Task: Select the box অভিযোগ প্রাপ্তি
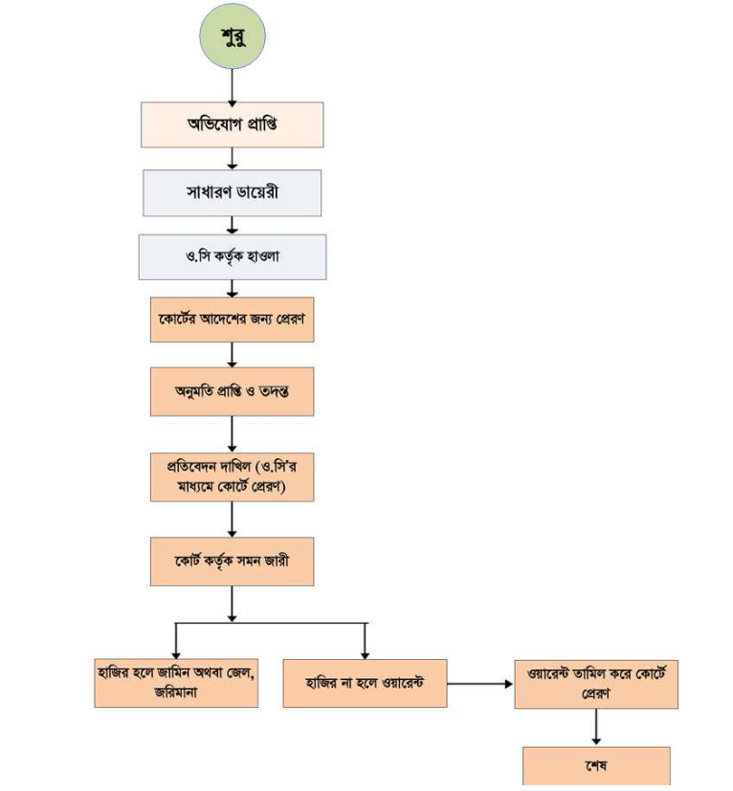pos(232,124)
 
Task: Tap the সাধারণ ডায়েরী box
pos(232,192)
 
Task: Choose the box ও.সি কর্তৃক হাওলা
pos(232,256)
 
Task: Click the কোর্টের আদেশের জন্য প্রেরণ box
pos(232,319)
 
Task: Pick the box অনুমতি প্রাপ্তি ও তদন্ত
pos(232,390)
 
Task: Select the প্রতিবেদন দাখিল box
pos(232,475)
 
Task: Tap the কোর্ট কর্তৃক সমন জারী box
pos(232,560)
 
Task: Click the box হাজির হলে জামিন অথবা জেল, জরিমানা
pos(176,682)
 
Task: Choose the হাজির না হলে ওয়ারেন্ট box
pos(365,683)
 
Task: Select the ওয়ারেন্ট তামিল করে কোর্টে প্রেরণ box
pos(595,683)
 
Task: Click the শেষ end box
pos(595,767)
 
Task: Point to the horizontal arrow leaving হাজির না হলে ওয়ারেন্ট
pos(479,684)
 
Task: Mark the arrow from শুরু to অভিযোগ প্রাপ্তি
pos(232,86)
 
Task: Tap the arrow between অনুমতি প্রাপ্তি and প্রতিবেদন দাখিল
pos(232,433)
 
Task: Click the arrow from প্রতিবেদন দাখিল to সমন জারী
pos(232,519)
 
